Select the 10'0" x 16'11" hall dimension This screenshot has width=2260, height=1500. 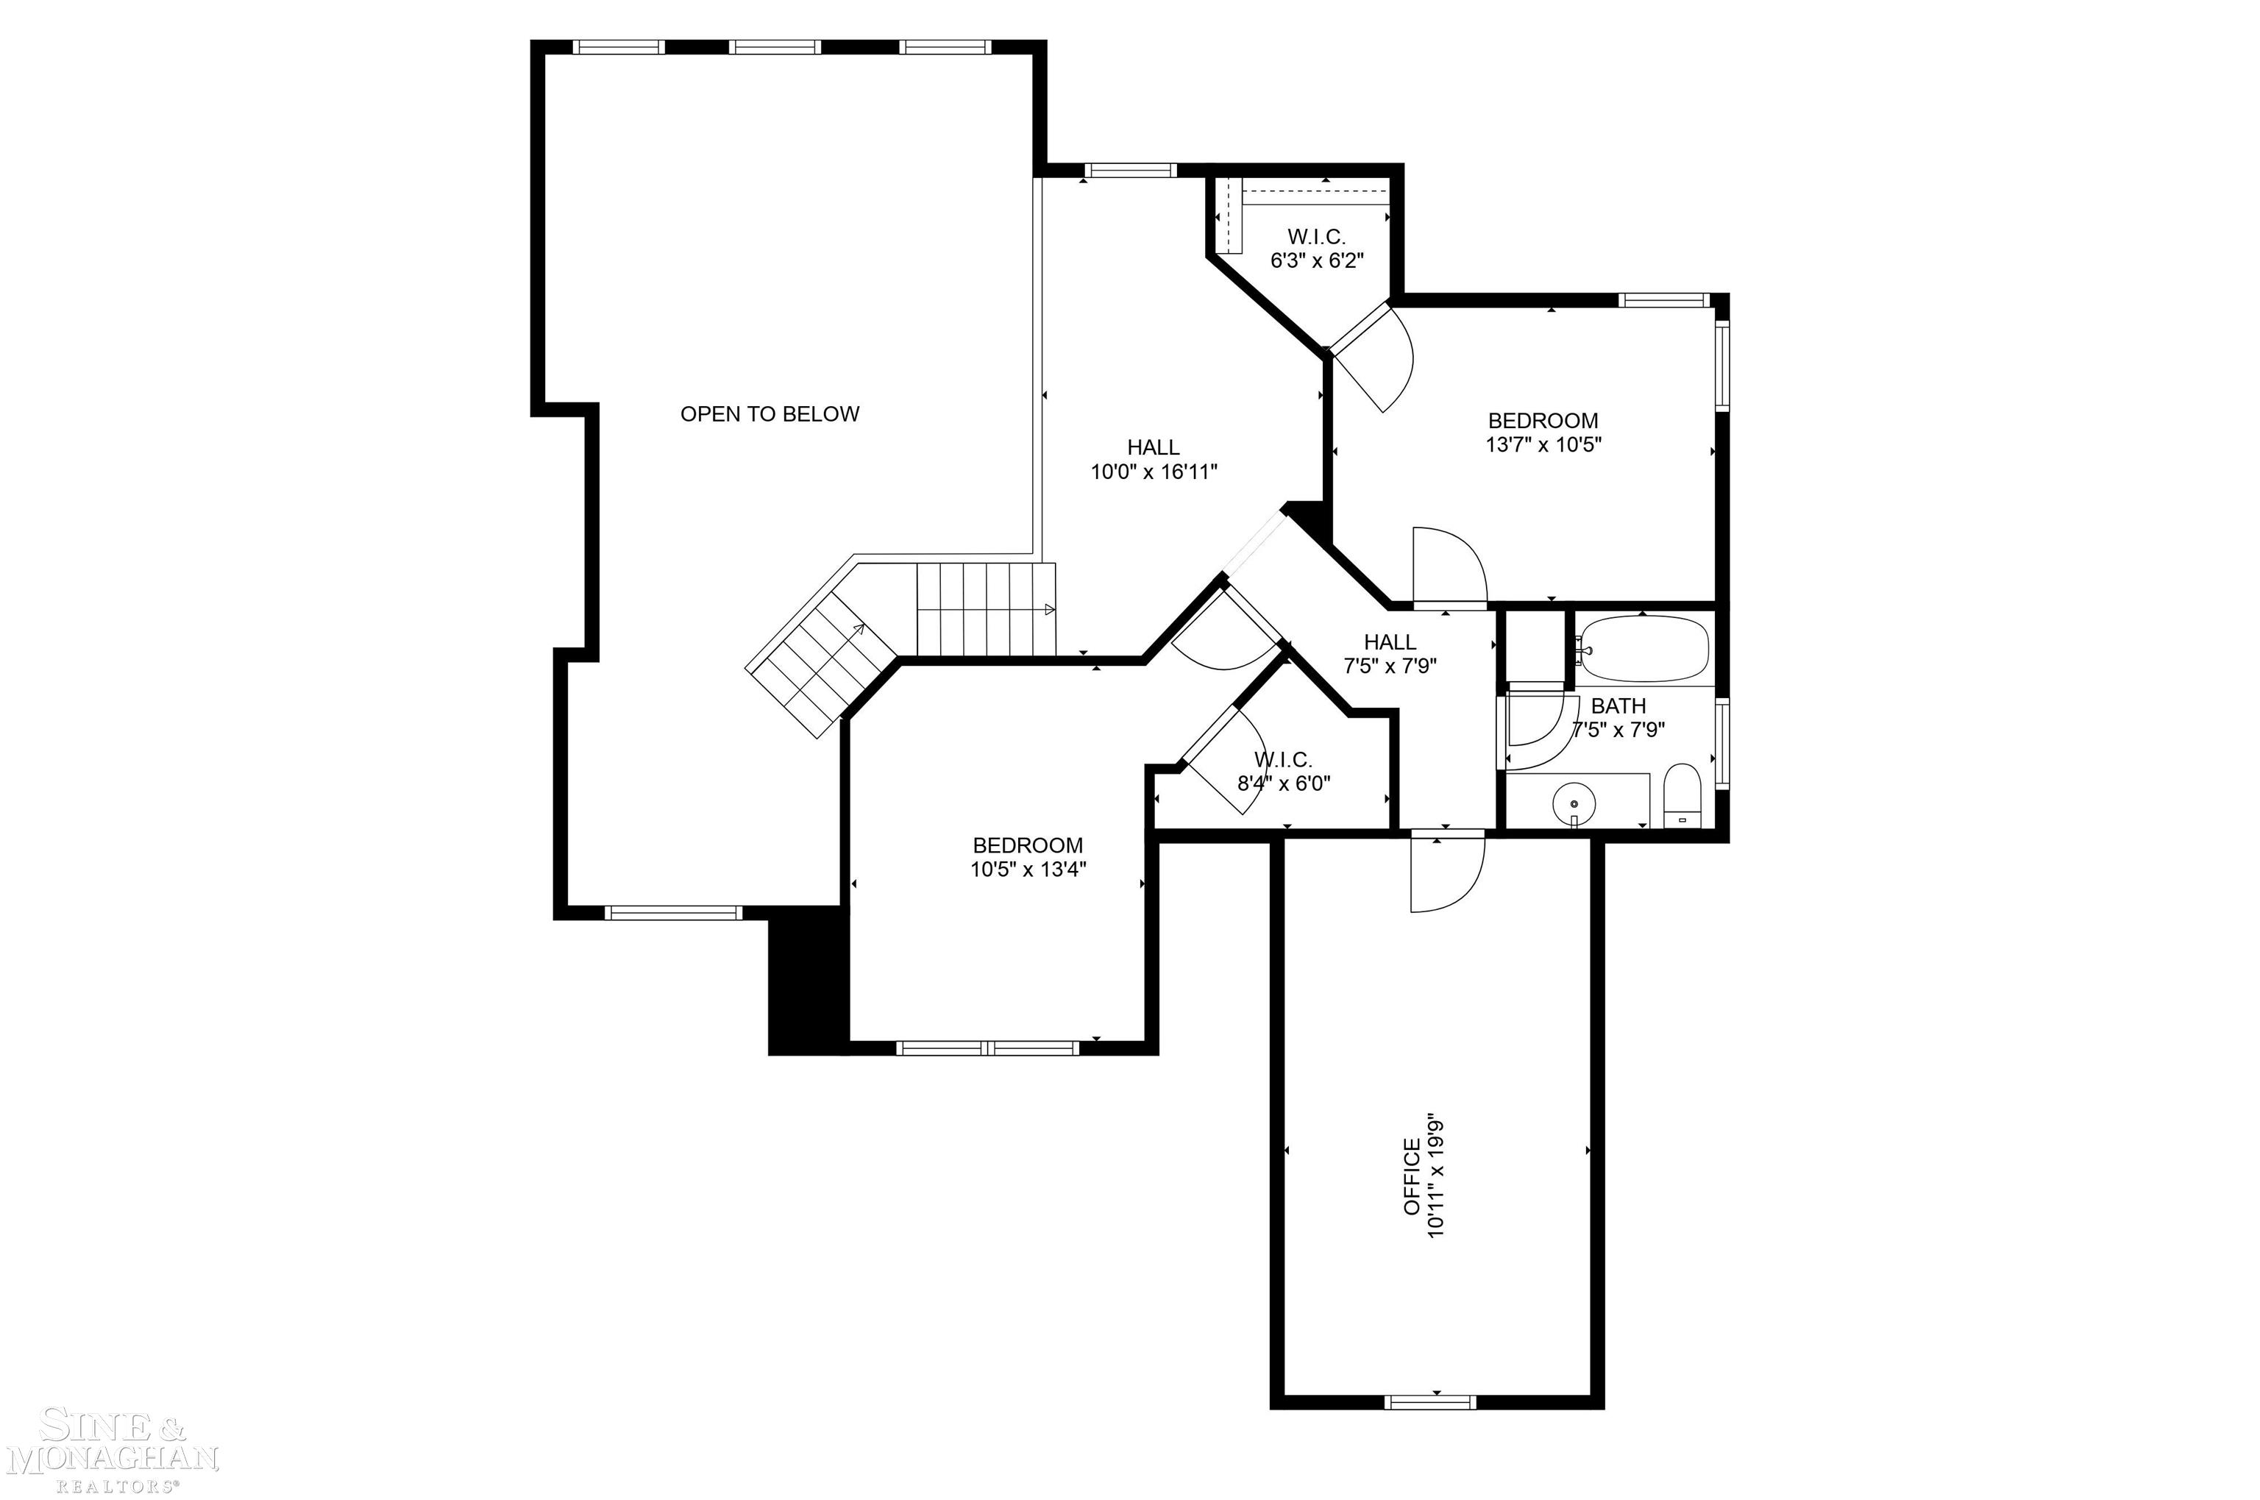point(1154,472)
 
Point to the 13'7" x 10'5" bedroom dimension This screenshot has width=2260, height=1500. point(1543,445)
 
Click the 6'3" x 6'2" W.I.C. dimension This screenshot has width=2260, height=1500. point(1316,260)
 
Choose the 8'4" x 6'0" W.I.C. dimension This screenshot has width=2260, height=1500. point(1284,783)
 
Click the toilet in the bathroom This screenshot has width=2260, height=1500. point(1680,794)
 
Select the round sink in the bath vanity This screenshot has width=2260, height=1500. point(1574,799)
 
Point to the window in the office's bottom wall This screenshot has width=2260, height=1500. point(1430,1402)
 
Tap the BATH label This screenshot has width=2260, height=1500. point(1618,706)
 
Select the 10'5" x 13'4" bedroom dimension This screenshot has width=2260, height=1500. point(1028,870)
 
